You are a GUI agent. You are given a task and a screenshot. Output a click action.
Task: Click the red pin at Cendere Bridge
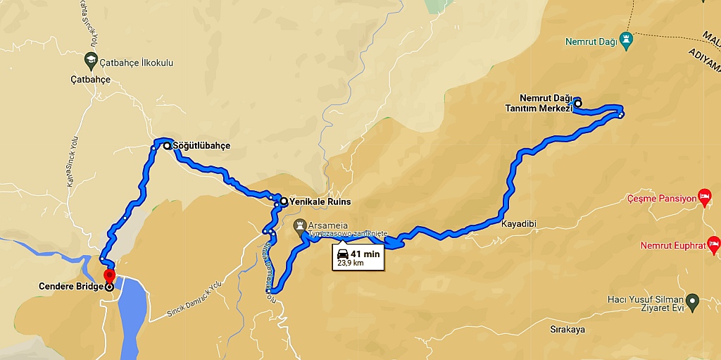pos(108,275)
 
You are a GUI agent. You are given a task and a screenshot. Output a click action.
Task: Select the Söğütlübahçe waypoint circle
pos(167,146)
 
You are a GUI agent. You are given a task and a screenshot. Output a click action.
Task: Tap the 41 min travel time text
pos(365,254)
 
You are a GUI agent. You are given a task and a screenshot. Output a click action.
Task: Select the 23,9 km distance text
pos(350,263)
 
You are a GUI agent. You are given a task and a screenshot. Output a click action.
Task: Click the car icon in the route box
pos(342,254)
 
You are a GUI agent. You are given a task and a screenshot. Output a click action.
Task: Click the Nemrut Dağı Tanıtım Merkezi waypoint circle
pos(578,104)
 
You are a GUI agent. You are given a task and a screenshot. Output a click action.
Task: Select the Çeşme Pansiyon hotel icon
pos(703,194)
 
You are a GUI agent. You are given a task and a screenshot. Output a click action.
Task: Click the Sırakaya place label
pos(568,329)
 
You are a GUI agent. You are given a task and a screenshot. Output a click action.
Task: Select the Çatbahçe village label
pos(91,80)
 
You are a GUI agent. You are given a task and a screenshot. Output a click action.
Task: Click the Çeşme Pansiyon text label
pos(661,199)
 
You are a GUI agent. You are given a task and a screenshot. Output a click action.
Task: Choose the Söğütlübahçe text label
pos(201,146)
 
